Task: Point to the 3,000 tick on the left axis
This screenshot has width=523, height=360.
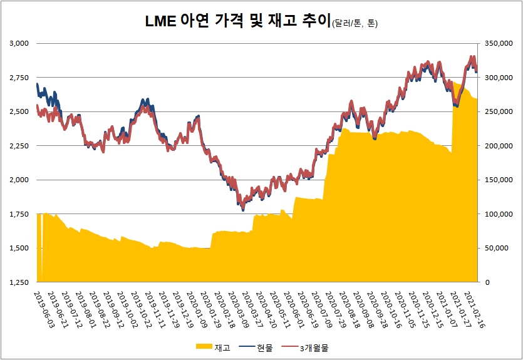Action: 19,43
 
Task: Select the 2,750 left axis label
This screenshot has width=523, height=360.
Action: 19,78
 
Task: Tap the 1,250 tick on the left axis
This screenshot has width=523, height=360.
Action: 19,282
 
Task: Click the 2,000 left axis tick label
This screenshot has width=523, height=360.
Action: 19,180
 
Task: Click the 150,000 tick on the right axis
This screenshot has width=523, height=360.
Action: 496,180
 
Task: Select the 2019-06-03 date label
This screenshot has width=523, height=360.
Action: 44,306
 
